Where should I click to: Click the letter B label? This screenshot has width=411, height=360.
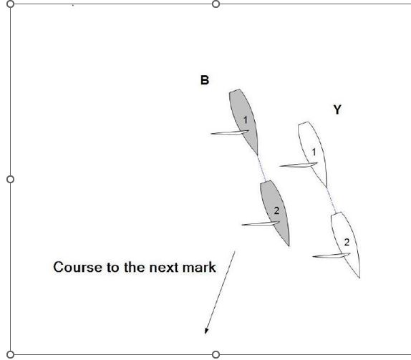pyautogui.click(x=205, y=80)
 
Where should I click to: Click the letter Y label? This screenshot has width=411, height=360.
pyautogui.click(x=337, y=110)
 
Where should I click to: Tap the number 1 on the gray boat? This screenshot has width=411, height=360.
pyautogui.click(x=246, y=120)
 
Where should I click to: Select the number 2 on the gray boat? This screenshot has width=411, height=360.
pyautogui.click(x=276, y=210)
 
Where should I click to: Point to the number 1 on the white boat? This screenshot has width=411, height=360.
pyautogui.click(x=314, y=152)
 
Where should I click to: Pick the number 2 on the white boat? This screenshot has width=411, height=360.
pyautogui.click(x=347, y=243)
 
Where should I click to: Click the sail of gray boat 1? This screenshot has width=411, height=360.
pyautogui.click(x=230, y=132)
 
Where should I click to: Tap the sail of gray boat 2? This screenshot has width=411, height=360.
pyautogui.click(x=261, y=224)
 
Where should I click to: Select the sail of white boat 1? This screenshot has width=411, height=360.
pyautogui.click(x=299, y=165)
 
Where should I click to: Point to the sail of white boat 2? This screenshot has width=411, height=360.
pyautogui.click(x=332, y=256)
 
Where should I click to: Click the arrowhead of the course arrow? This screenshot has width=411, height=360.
pyautogui.click(x=207, y=331)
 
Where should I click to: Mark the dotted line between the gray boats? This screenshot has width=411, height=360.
pyautogui.click(x=261, y=167)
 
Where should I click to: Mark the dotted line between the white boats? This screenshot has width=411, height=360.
pyautogui.click(x=331, y=200)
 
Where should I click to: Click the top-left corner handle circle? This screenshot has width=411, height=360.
pyautogui.click(x=10, y=4)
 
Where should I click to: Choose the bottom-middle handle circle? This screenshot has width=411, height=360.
pyautogui.click(x=216, y=355)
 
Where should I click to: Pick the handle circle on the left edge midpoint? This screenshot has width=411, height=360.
pyautogui.click(x=10, y=179)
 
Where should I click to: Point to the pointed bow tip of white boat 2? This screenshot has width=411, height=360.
pyautogui.click(x=359, y=278)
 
